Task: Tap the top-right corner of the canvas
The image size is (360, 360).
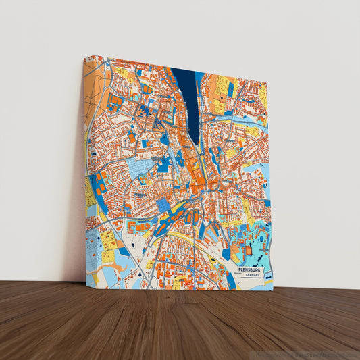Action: (x=267, y=84)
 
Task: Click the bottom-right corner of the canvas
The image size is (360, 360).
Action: (x=274, y=290)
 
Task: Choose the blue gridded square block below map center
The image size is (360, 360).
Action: (x=164, y=205)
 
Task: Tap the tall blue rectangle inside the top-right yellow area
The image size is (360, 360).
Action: (x=230, y=88)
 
